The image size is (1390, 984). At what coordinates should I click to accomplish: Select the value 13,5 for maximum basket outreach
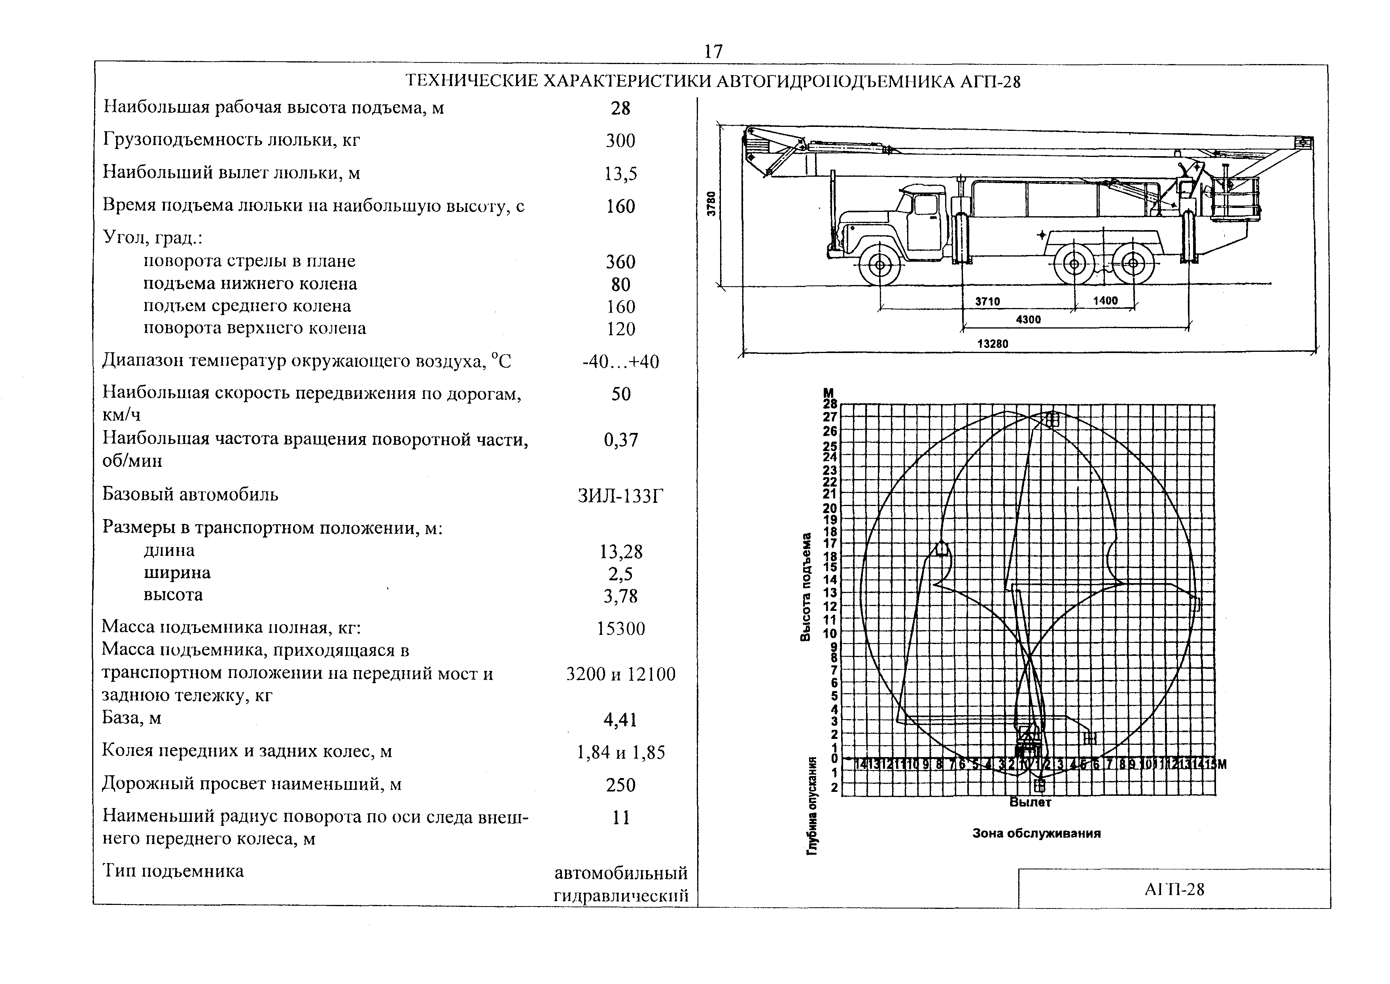(x=620, y=174)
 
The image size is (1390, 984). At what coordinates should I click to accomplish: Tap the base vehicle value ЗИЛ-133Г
(x=620, y=496)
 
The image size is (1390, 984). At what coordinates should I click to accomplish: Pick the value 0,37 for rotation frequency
(x=621, y=440)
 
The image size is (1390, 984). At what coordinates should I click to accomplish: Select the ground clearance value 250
(x=620, y=785)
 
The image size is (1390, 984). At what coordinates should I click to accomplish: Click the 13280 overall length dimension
(x=993, y=344)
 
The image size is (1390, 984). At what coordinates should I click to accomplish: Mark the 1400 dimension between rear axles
(x=1105, y=300)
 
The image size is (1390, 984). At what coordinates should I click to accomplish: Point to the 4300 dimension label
(x=1028, y=319)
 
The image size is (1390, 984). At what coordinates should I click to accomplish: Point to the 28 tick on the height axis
(x=830, y=404)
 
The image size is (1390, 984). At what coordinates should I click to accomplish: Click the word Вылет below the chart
(x=1030, y=802)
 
